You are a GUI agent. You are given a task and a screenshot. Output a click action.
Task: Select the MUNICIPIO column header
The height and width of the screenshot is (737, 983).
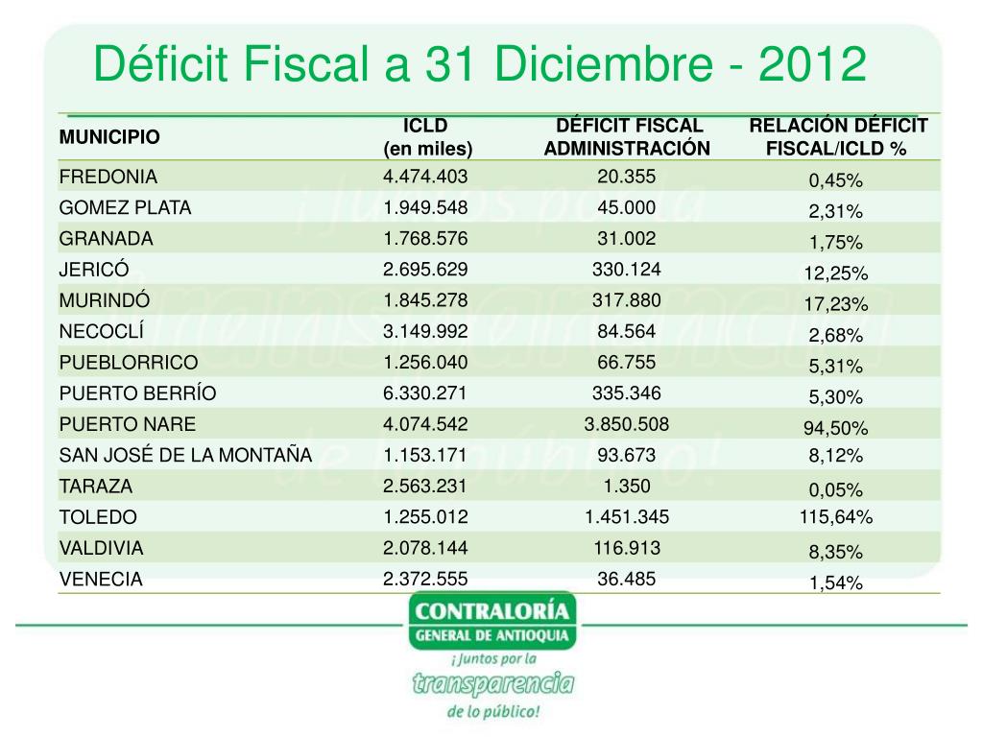(109, 137)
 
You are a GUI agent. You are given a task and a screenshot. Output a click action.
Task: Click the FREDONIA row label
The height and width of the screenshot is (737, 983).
(108, 178)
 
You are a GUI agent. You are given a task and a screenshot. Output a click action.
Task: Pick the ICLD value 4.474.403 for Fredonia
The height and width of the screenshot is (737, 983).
(425, 177)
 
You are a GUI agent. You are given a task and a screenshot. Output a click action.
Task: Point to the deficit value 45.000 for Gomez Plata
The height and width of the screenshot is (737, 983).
(627, 208)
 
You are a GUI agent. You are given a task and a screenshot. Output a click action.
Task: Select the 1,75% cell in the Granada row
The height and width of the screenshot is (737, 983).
(835, 242)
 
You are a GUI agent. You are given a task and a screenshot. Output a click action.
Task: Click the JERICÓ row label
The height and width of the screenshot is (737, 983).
(97, 270)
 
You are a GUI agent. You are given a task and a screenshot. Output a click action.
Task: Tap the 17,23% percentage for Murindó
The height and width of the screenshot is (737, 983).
(835, 304)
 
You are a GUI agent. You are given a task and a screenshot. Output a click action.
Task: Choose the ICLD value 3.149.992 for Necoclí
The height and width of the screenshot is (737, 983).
(425, 332)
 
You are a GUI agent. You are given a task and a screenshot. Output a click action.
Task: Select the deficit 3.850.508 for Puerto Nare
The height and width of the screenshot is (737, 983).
(627, 424)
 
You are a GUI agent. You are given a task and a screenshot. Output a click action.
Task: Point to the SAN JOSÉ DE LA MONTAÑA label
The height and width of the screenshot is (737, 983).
(185, 456)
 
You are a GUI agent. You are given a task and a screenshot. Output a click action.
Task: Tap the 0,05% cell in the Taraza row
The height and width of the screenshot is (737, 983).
(835, 489)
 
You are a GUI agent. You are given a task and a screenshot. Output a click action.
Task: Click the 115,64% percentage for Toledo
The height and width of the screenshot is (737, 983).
(835, 518)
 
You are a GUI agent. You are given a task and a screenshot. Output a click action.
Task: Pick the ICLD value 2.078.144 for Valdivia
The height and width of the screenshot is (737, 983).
(425, 548)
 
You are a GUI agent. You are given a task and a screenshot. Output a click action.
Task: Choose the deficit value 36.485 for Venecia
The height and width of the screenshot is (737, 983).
(627, 579)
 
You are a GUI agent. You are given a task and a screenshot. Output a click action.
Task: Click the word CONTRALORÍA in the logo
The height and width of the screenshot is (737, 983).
(491, 611)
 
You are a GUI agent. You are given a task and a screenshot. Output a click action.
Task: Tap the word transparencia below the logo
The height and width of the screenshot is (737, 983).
(492, 683)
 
